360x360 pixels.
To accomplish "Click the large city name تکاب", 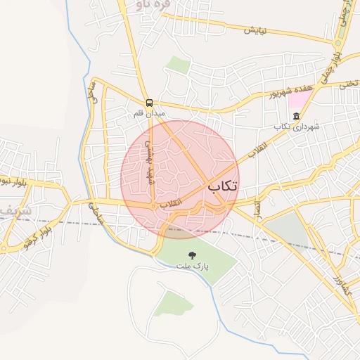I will coord(221,186).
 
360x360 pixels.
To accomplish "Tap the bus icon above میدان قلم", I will coord(148,102).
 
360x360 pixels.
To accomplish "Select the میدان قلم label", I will coord(150,112).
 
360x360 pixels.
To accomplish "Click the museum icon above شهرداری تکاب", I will coord(295,116).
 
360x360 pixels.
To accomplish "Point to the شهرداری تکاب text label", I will coord(296,127).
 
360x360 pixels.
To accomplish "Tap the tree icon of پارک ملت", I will coord(192,255).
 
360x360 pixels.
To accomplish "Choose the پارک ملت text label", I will coord(192,266).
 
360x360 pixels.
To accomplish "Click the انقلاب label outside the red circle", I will coord(257,150).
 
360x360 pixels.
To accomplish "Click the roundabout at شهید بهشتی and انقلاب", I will coord(153,205).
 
